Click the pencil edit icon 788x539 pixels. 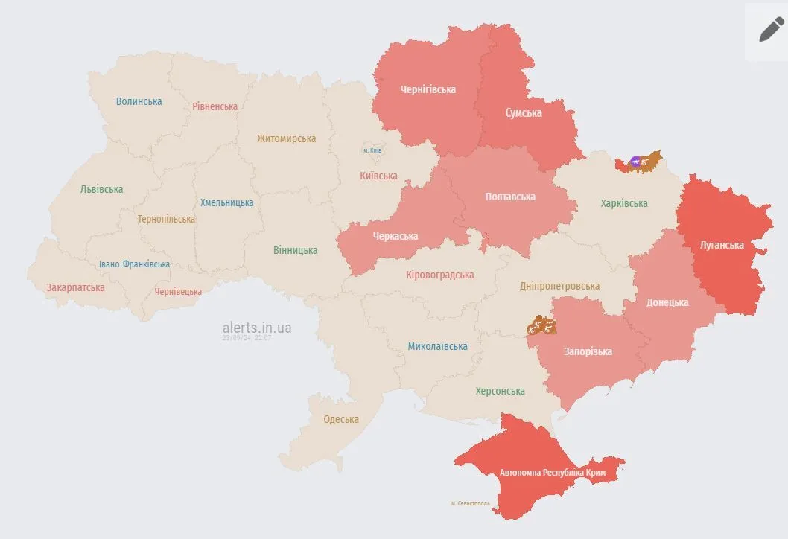[x=771, y=30]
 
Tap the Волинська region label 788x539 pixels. [x=139, y=101]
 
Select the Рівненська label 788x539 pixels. [x=215, y=106]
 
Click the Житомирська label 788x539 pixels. [x=286, y=138]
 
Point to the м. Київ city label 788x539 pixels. [x=372, y=150]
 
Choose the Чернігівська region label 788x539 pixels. [x=428, y=89]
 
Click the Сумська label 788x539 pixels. [x=524, y=113]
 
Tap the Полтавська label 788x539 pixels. [x=510, y=197]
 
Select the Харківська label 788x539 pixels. [x=624, y=203]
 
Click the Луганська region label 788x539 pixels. [x=722, y=245]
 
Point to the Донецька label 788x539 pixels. [x=667, y=302]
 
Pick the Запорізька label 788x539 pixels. [x=588, y=351]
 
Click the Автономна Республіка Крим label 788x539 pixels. [x=552, y=473]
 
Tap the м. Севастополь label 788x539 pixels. [x=471, y=503]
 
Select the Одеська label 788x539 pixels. [x=340, y=419]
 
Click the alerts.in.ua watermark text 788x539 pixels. [x=257, y=328]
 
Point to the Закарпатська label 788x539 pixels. [x=75, y=287]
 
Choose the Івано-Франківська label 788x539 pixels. [x=134, y=264]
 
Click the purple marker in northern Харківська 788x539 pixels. [x=635, y=161]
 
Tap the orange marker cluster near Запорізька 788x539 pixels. [x=541, y=325]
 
